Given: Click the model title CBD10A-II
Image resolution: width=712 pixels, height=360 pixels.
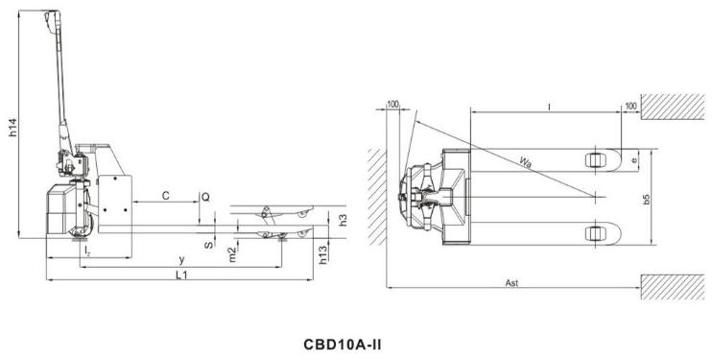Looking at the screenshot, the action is click(343, 344).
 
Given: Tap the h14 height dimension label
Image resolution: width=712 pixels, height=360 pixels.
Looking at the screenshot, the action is click(13, 128).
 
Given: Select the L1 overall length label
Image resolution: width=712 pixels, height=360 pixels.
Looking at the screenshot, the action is click(181, 275).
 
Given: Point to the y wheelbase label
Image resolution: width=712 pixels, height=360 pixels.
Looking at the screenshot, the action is click(181, 260).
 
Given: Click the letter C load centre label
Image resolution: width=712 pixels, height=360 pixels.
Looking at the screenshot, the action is click(166, 196).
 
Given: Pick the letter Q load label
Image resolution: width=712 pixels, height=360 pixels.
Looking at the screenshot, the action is click(205, 197).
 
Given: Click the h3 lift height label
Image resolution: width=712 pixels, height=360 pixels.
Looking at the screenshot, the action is click(344, 220).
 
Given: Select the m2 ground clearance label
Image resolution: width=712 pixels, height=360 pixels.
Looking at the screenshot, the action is click(232, 255).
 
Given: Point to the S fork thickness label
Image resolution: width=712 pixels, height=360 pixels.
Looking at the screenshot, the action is click(208, 246).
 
